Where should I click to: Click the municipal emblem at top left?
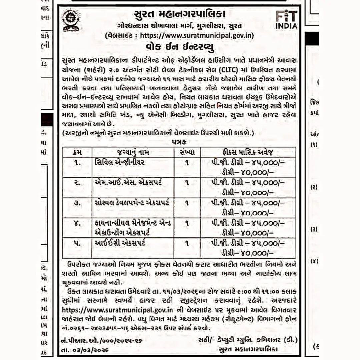pos(71,20)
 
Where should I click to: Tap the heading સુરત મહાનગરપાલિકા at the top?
pos(180,15)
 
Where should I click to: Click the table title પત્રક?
pos(179,142)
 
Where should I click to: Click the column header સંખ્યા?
pos(187,152)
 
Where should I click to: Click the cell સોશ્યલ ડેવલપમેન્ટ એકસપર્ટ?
pos(132,203)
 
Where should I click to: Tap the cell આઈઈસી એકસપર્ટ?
pos(120,243)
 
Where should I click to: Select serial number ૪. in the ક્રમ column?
pos(77,223)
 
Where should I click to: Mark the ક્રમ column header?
pos(77,152)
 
